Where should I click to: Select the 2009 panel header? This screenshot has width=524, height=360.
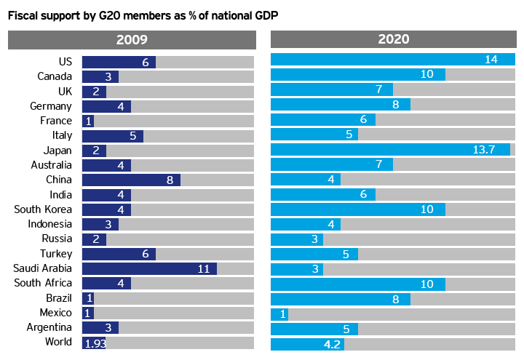tap(131, 40)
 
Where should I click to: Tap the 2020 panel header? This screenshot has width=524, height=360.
tap(393, 40)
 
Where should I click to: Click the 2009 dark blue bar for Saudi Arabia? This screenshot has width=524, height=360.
tap(149, 268)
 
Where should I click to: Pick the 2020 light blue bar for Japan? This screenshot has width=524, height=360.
tap(390, 150)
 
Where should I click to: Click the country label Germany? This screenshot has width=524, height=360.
tap(51, 106)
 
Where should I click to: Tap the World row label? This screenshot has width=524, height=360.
tap(58, 343)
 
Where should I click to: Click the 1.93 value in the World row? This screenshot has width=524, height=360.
tap(95, 343)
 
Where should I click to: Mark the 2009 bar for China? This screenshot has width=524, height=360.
tap(131, 180)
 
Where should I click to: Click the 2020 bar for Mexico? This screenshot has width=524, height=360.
tap(279, 313)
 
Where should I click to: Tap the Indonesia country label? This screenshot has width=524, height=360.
tap(50, 224)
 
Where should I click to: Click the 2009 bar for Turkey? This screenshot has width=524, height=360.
tap(119, 254)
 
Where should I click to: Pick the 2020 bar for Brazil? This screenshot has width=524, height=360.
tap(341, 298)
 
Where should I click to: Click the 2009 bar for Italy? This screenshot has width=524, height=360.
tap(113, 135)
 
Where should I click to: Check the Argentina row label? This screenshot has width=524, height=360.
tap(49, 327)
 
